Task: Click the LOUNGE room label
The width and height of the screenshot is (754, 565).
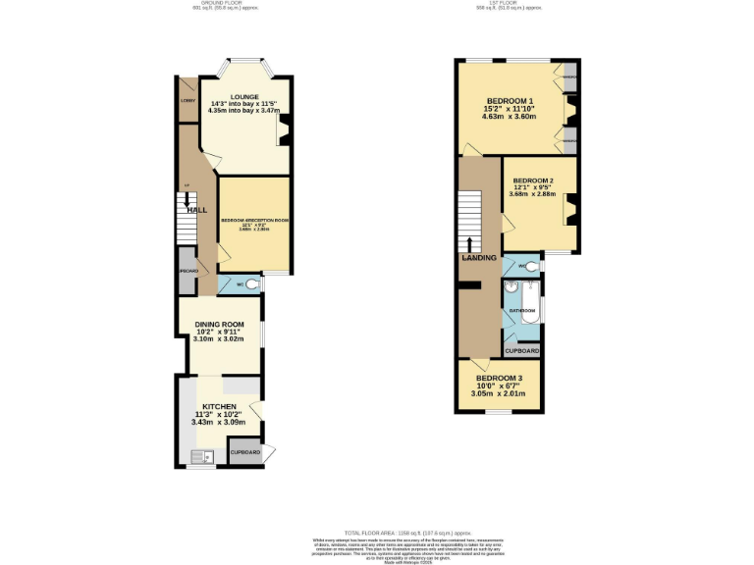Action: click(x=245, y=97)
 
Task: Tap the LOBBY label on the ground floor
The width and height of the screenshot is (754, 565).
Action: click(x=187, y=100)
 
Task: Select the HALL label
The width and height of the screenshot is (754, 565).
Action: click(x=197, y=210)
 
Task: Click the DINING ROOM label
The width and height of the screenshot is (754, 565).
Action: click(x=219, y=325)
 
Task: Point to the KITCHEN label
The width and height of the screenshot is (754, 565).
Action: click(x=219, y=406)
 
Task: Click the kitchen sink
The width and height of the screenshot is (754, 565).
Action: click(x=203, y=455)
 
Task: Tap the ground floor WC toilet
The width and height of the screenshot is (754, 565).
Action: click(x=252, y=284)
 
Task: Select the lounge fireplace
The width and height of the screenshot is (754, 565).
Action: click(x=283, y=124)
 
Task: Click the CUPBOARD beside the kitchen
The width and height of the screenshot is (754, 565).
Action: click(x=244, y=451)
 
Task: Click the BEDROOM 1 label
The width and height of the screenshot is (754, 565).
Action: click(x=509, y=101)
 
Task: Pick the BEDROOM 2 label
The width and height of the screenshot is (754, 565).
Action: click(x=533, y=181)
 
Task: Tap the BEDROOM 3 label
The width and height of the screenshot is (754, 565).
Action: click(x=499, y=379)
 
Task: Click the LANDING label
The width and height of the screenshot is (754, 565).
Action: click(x=479, y=258)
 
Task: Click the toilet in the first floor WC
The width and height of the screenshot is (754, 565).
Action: click(x=530, y=266)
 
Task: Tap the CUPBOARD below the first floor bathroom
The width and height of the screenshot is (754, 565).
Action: click(x=521, y=350)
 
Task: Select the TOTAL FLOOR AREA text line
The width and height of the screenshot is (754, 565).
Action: click(x=376, y=531)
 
